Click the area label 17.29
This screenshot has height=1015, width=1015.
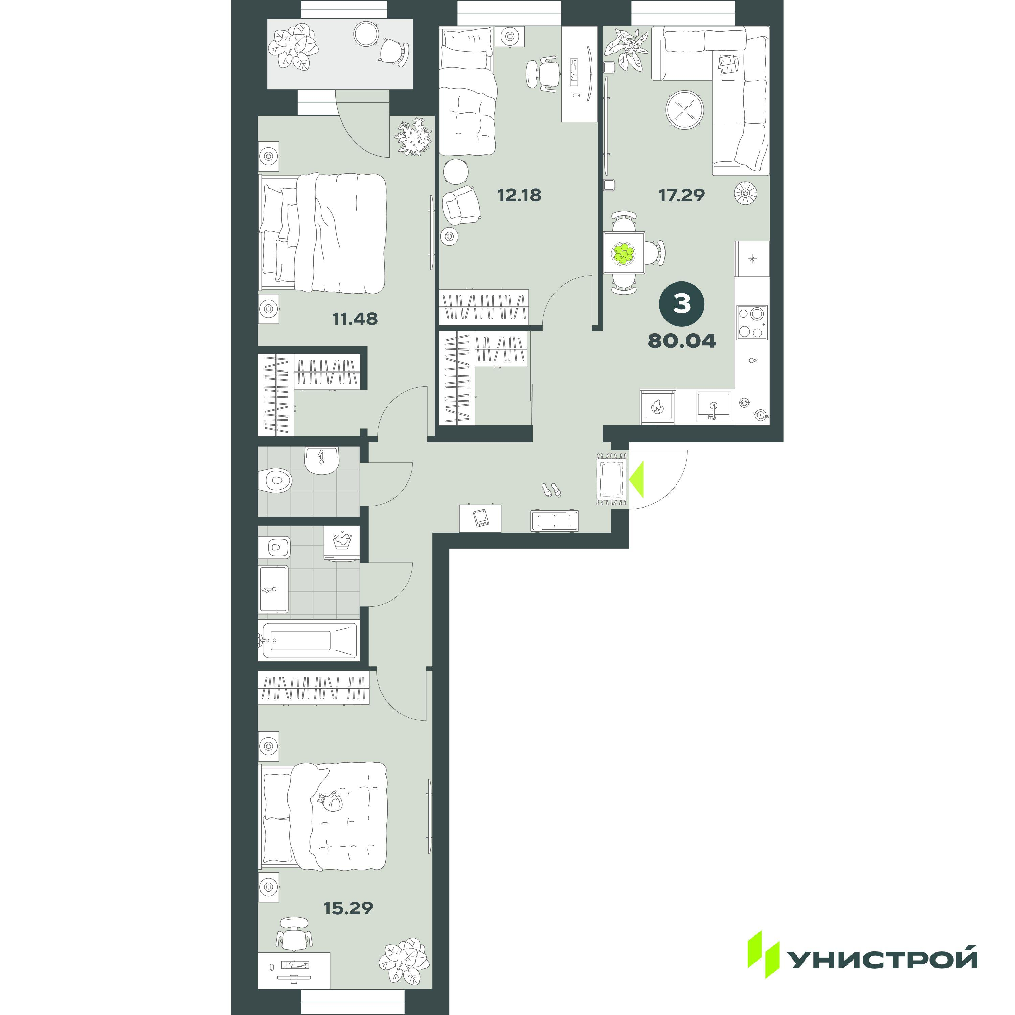point(681,196)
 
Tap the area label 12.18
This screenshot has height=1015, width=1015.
point(519,196)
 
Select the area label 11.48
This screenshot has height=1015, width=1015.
point(355,319)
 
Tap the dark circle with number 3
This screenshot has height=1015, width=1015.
point(682,304)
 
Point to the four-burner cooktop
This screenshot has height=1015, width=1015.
point(752,322)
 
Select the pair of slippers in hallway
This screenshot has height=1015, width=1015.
point(551,490)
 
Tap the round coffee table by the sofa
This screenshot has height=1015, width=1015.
point(683,111)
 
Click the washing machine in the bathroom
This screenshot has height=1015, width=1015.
point(341,543)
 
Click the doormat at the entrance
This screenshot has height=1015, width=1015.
point(611,479)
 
